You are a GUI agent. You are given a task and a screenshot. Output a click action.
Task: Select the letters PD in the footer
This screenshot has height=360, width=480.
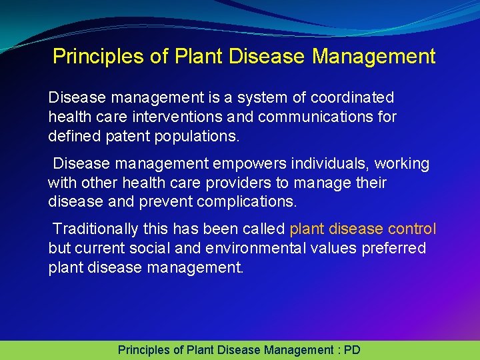(x=352, y=349)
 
